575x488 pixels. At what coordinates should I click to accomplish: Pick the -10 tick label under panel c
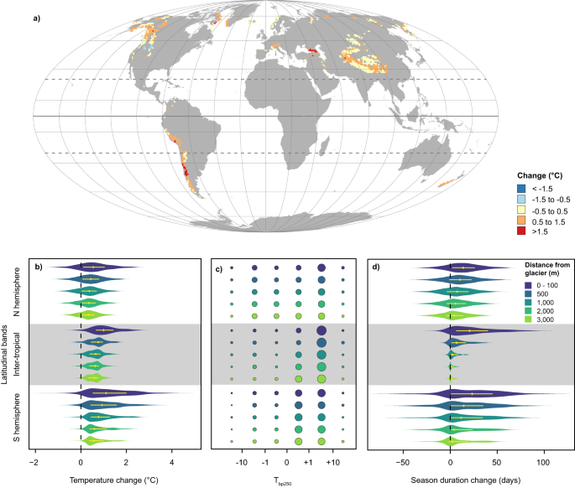tap(242, 462)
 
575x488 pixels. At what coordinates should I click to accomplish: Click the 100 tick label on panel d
tap(543, 462)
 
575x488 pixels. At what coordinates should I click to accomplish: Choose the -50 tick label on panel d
tap(402, 462)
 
